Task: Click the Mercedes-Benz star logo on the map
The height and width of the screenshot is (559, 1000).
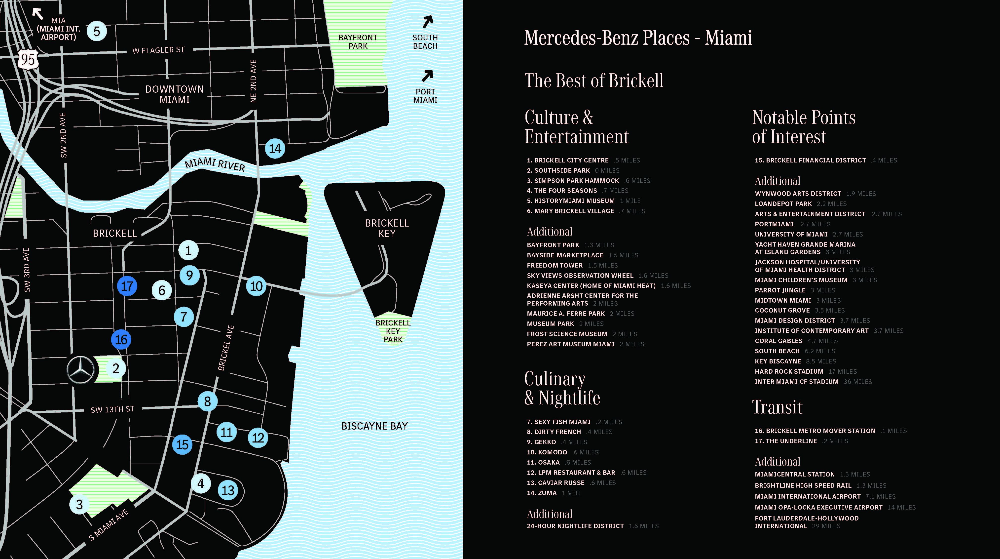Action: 81,370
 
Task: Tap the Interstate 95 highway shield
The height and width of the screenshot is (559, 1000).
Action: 28,59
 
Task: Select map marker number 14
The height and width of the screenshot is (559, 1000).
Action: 275,148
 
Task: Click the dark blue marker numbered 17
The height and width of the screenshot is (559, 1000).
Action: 127,286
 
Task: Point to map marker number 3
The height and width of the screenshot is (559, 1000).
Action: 79,504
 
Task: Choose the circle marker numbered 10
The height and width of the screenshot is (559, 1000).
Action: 256,286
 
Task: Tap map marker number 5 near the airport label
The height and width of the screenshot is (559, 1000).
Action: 97,31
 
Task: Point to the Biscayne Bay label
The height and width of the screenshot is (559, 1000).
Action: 374,426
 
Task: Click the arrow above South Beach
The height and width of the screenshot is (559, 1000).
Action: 427,22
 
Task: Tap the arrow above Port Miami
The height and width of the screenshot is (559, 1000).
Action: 427,76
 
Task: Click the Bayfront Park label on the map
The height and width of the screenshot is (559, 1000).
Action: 358,41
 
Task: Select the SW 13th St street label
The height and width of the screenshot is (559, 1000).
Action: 112,409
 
